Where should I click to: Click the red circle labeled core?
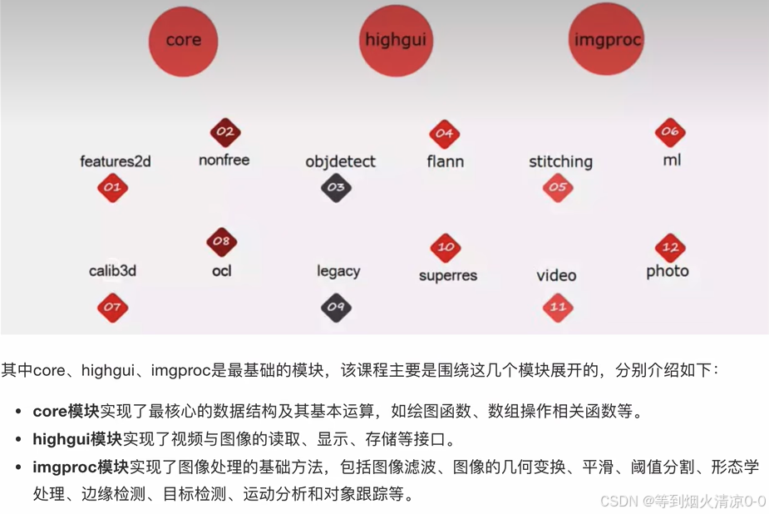pos(183,40)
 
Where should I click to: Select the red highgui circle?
pos(396,40)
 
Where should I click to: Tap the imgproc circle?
pos(608,40)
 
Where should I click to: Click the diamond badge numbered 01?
pos(112,188)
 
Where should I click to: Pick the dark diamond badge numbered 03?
pos(336,188)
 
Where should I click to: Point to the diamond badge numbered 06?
pos(670,131)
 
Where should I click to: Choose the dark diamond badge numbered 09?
pos(336,308)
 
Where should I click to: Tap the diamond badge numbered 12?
pos(670,247)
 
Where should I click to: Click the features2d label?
pos(116,161)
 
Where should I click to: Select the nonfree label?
pos(224,160)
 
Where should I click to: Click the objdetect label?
pos(340,161)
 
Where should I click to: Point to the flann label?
pos(445,161)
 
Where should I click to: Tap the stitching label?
pos(560,161)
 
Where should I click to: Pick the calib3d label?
pos(112,271)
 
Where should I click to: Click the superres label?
pos(448,275)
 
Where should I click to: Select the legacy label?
pos(338,271)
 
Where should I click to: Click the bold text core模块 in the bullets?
pos(66,412)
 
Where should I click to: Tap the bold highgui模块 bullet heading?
pos(76,439)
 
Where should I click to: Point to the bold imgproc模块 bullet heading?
pos(80,467)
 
